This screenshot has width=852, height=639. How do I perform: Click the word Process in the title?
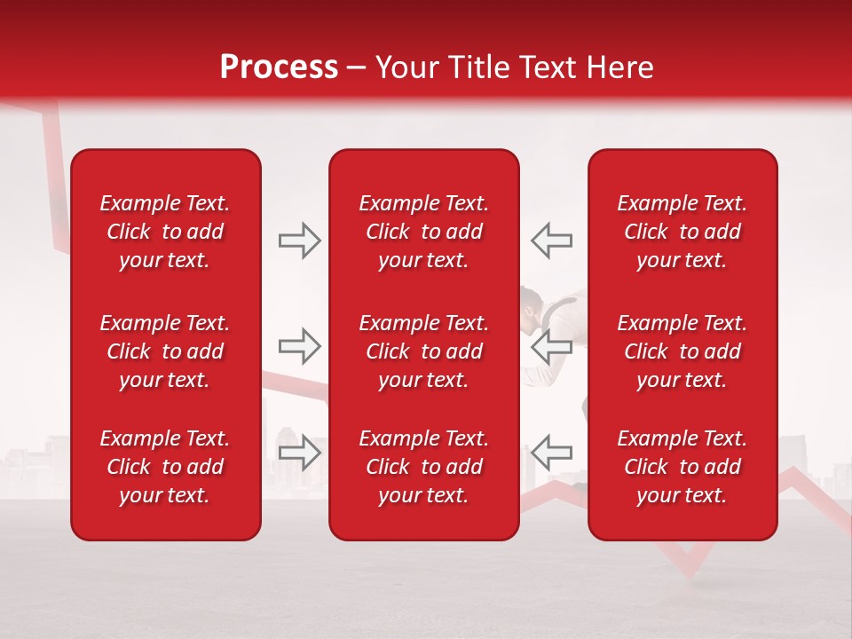[279, 67]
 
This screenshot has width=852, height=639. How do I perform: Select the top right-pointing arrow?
[299, 241]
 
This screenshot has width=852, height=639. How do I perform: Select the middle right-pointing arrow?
[299, 346]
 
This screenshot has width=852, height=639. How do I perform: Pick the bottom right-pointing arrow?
[299, 452]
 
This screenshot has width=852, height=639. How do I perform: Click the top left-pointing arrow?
[551, 241]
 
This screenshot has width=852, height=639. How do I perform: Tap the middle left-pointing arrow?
[551, 346]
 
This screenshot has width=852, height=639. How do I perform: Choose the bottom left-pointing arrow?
[551, 452]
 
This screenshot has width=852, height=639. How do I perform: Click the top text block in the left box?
[165, 232]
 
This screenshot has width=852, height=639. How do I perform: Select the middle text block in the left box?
[165, 351]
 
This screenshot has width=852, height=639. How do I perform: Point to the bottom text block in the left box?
[165, 467]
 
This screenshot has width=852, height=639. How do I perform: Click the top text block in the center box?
[423, 232]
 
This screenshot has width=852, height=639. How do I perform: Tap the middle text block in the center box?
[423, 351]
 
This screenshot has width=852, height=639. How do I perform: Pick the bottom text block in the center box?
[423, 467]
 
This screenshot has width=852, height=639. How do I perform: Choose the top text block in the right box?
[682, 232]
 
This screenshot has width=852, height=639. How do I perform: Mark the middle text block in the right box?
[682, 351]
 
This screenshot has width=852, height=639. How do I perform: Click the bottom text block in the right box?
[682, 467]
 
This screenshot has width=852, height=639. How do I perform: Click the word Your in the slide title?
[407, 67]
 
